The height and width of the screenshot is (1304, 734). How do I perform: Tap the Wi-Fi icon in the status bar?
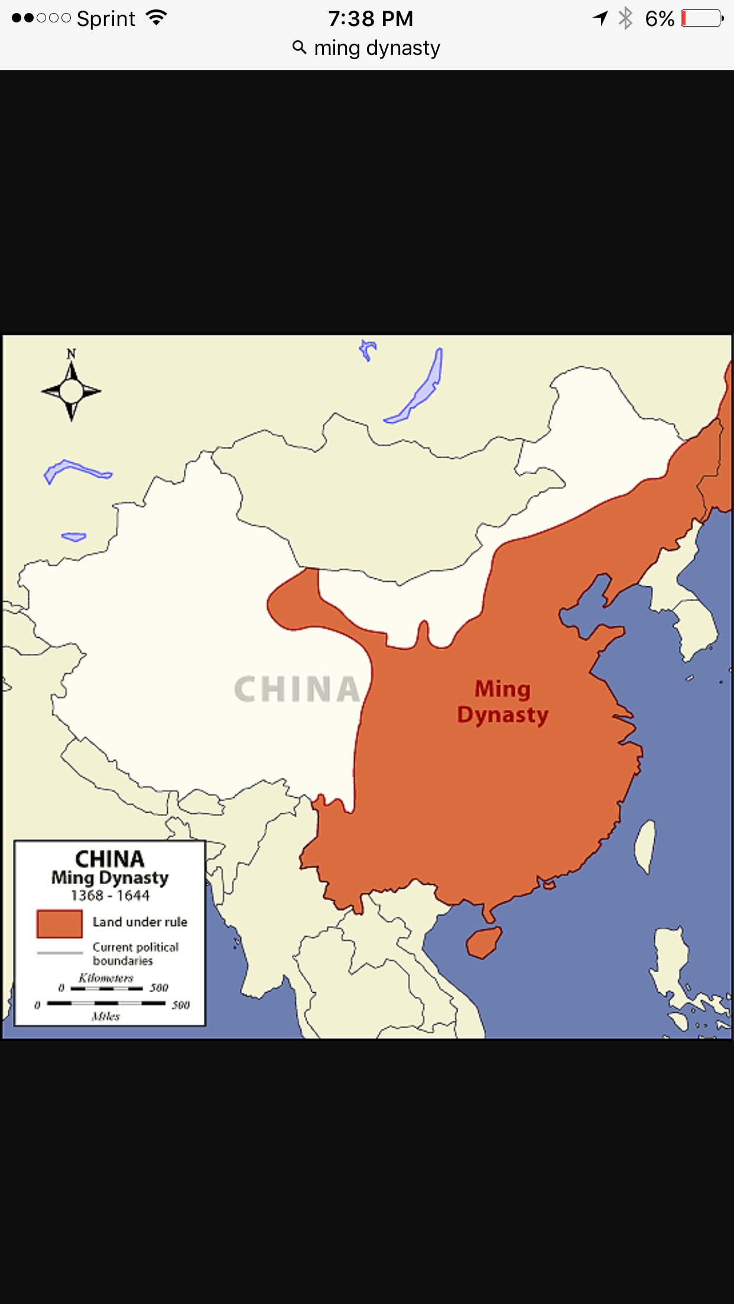[x=157, y=18]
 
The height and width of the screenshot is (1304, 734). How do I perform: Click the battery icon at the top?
[x=702, y=18]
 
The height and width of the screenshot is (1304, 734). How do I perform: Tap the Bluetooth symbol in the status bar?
[x=625, y=18]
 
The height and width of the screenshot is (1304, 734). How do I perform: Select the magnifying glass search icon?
[x=300, y=48]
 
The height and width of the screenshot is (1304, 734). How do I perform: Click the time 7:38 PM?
[x=371, y=19]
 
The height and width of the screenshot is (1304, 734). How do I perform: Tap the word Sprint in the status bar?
[x=106, y=19]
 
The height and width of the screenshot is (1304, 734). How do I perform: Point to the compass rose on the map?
[x=72, y=390]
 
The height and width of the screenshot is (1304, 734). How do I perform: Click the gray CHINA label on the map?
[x=297, y=689]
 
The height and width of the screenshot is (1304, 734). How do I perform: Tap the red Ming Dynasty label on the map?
[x=503, y=702]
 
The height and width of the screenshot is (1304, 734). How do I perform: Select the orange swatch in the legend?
[x=59, y=924]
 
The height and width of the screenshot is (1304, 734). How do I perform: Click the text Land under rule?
[x=139, y=922]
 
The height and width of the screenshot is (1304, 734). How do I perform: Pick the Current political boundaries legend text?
[x=135, y=954]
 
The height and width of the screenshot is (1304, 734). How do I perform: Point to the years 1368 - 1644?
[x=110, y=896]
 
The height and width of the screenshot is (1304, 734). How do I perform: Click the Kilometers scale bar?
[x=106, y=987]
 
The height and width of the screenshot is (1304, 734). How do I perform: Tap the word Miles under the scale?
[x=106, y=1016]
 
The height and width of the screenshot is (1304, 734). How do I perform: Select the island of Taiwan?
[x=645, y=846]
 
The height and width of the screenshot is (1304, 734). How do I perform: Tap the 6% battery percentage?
[x=660, y=19]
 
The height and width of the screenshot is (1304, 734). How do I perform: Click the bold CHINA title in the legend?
[x=110, y=859]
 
